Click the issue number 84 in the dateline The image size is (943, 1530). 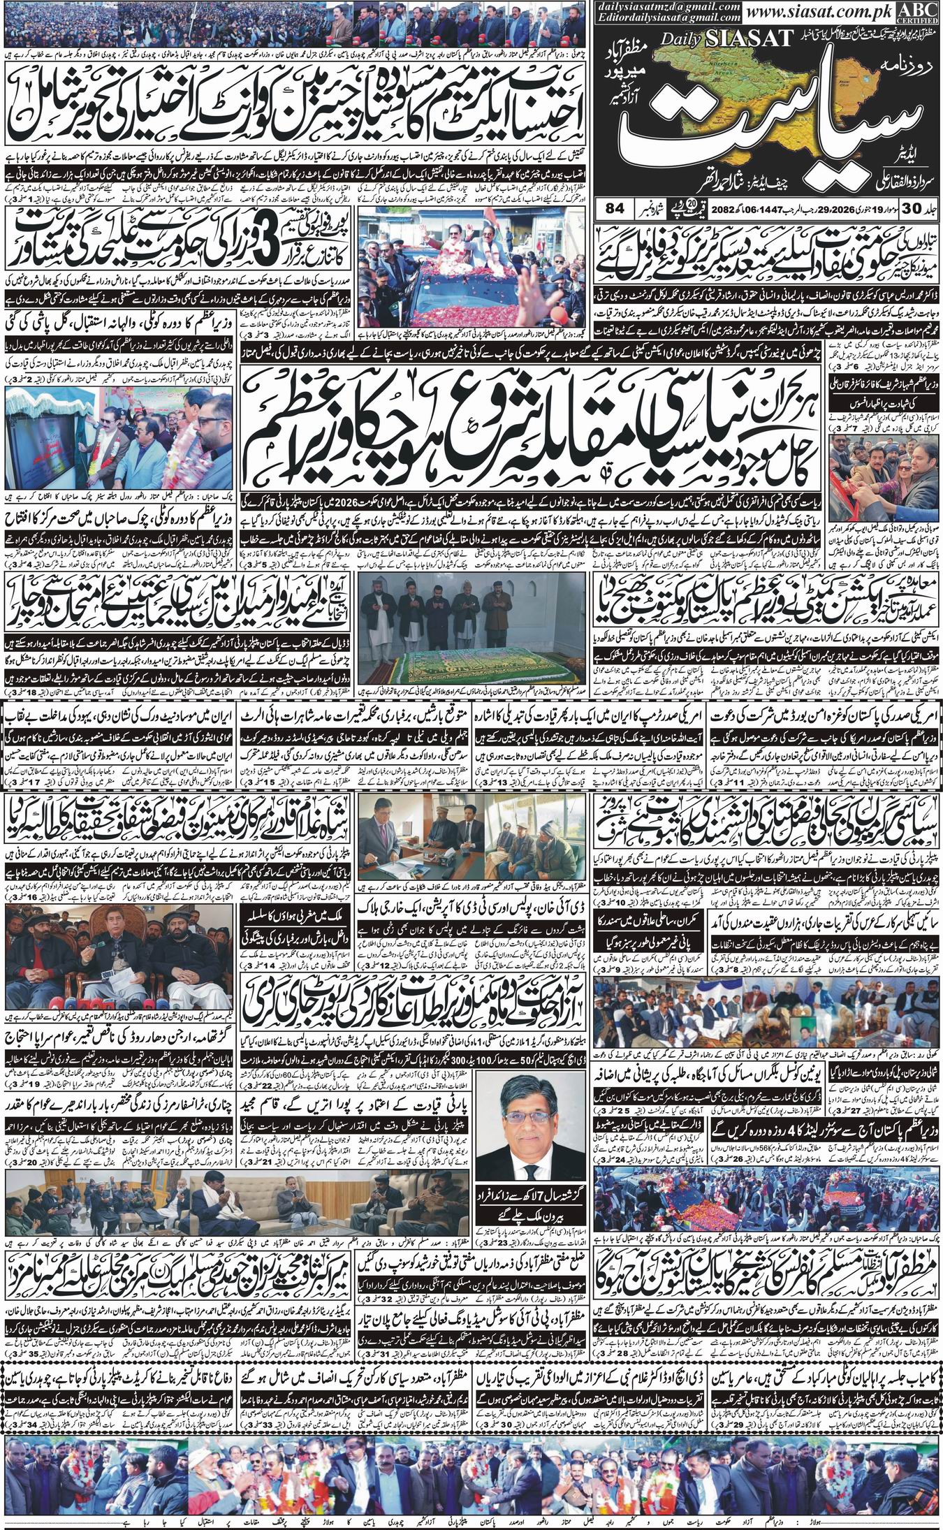coord(614,208)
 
